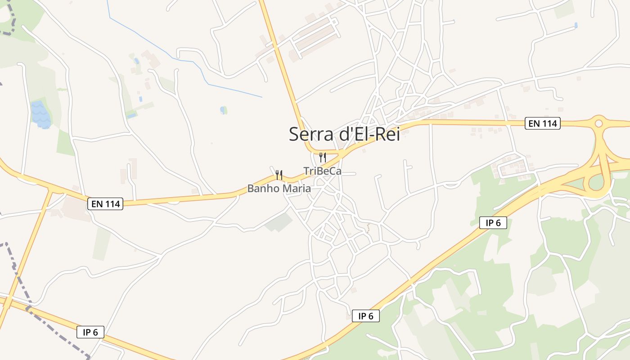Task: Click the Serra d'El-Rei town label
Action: point(344,134)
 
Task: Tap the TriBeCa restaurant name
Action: point(322,171)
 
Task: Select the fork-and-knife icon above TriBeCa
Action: point(322,157)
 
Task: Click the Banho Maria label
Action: point(279,189)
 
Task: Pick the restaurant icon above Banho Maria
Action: point(279,175)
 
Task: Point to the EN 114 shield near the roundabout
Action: point(542,123)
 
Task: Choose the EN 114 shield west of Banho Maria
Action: point(105,204)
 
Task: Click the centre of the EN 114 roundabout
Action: point(598,123)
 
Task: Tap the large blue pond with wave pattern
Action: point(40,114)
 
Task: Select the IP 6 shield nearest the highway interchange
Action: point(493,222)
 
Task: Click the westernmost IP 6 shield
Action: point(90,332)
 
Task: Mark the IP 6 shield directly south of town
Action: point(365,316)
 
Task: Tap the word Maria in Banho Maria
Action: point(295,189)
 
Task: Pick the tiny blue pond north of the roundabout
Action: point(576,25)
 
